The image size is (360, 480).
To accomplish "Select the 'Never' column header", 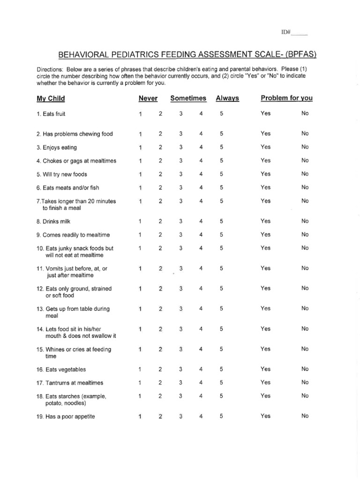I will tap(148, 98).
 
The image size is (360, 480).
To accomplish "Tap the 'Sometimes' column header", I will tap(188, 98).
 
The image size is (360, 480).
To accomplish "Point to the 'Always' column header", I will tap(227, 98).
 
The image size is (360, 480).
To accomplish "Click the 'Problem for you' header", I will tap(286, 98).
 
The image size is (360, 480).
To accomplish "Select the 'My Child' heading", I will tap(51, 98).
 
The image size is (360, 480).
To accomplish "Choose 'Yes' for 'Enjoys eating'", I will tap(266, 147).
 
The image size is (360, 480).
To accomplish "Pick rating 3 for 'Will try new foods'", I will tap(181, 174).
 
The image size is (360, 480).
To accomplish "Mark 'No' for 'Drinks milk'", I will tap(305, 221).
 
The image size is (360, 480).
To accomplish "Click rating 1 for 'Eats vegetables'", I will tap(140, 369).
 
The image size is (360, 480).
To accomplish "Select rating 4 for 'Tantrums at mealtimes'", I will tap(201, 382).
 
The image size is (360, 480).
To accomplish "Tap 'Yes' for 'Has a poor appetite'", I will tap(266, 416).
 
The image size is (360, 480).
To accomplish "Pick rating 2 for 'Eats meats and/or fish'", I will tap(160, 187).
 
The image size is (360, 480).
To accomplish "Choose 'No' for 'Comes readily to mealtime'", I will tap(305, 234).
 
